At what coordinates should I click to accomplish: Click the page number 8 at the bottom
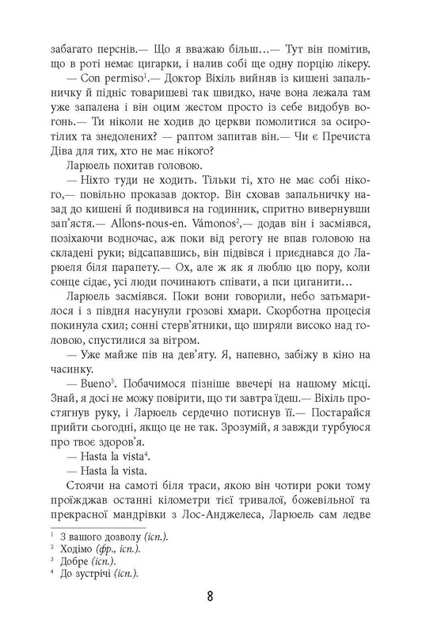pyautogui.click(x=211, y=596)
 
